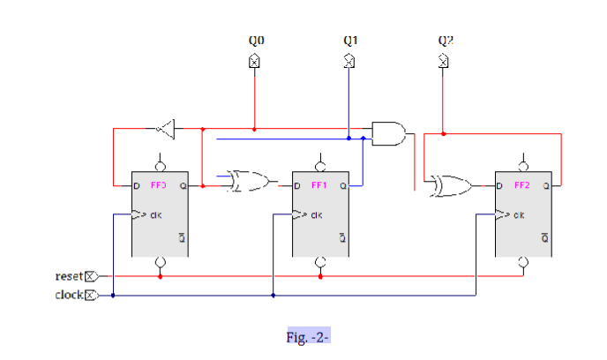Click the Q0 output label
point(255,41)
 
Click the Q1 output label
point(349,41)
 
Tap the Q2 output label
point(445,41)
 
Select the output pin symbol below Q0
point(254,61)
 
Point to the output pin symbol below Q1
point(349,61)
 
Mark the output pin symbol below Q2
point(444,61)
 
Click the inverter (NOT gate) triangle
point(164,131)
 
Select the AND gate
point(388,133)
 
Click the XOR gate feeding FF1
point(251,182)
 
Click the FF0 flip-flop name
point(159,186)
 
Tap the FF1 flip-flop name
point(319,186)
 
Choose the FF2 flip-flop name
point(522,186)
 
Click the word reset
point(68,277)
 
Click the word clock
point(68,295)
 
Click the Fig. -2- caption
point(307,337)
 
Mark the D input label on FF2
point(500,186)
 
